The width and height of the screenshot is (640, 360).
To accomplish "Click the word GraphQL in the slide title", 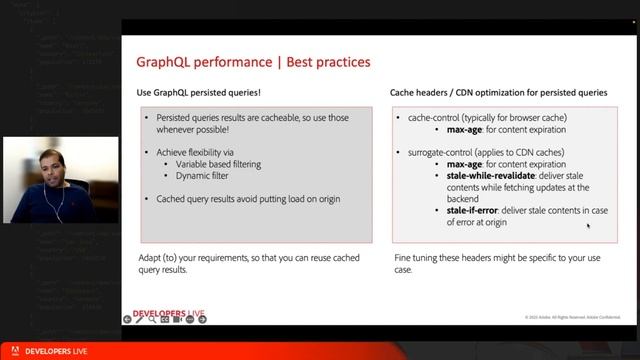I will pyautogui.click(x=167, y=62).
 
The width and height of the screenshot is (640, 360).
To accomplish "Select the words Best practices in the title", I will pyautogui.click(x=329, y=62).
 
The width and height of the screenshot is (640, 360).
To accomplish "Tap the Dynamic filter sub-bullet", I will pyautogui.click(x=206, y=175).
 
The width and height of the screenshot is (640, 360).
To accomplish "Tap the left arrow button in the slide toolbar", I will pyautogui.click(x=127, y=319).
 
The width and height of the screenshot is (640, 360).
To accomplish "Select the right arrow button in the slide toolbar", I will pyautogui.click(x=140, y=319).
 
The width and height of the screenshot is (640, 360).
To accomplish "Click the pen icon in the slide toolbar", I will pyautogui.click(x=152, y=319).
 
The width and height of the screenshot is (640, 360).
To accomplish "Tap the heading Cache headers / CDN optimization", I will pyautogui.click(x=498, y=93).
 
